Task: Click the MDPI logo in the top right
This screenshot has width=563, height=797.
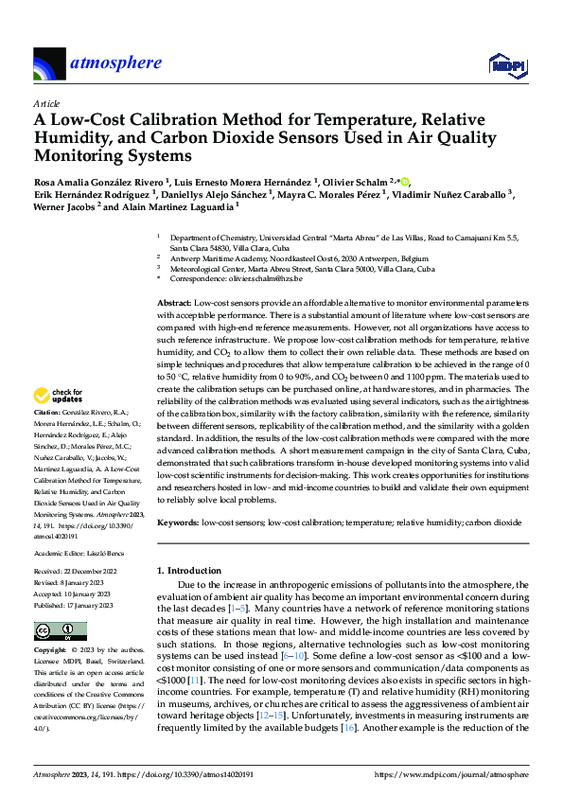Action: click(x=505, y=64)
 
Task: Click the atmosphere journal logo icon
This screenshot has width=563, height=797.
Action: click(x=48, y=64)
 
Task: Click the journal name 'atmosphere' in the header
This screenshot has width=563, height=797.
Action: click(x=115, y=63)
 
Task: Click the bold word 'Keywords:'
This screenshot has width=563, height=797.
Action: click(x=179, y=522)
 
